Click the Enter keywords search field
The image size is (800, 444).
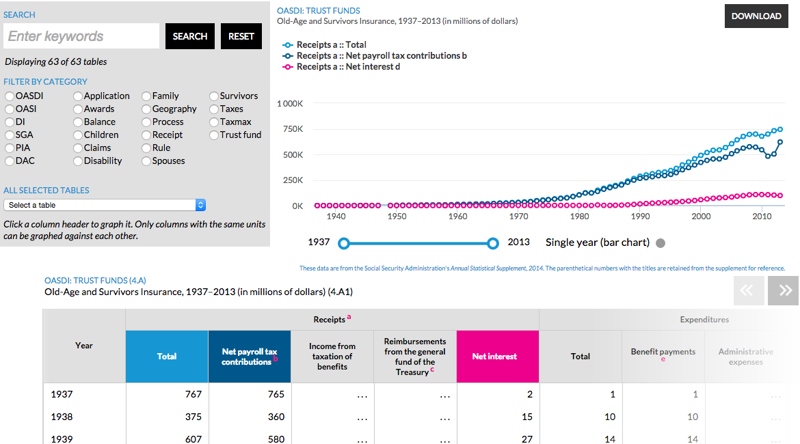pos(81,36)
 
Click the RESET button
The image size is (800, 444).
pos(241,36)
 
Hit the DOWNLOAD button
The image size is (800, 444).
pos(756,16)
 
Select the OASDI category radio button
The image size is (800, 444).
pos(10,96)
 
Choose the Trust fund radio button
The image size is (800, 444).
pos(215,135)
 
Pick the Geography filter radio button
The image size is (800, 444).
pos(146,109)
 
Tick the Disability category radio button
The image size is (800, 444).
pos(78,161)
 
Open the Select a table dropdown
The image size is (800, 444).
pos(105,205)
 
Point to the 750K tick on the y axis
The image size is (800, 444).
pos(290,129)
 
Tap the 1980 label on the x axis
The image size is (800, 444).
pos(580,217)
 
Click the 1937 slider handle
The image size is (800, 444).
pos(344,243)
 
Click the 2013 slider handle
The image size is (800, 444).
pos(493,243)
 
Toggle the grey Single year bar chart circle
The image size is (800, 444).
pos(660,243)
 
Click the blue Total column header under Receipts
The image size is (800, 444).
pos(167,357)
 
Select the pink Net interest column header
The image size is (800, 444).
pos(497,357)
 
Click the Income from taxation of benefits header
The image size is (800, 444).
pos(332,357)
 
